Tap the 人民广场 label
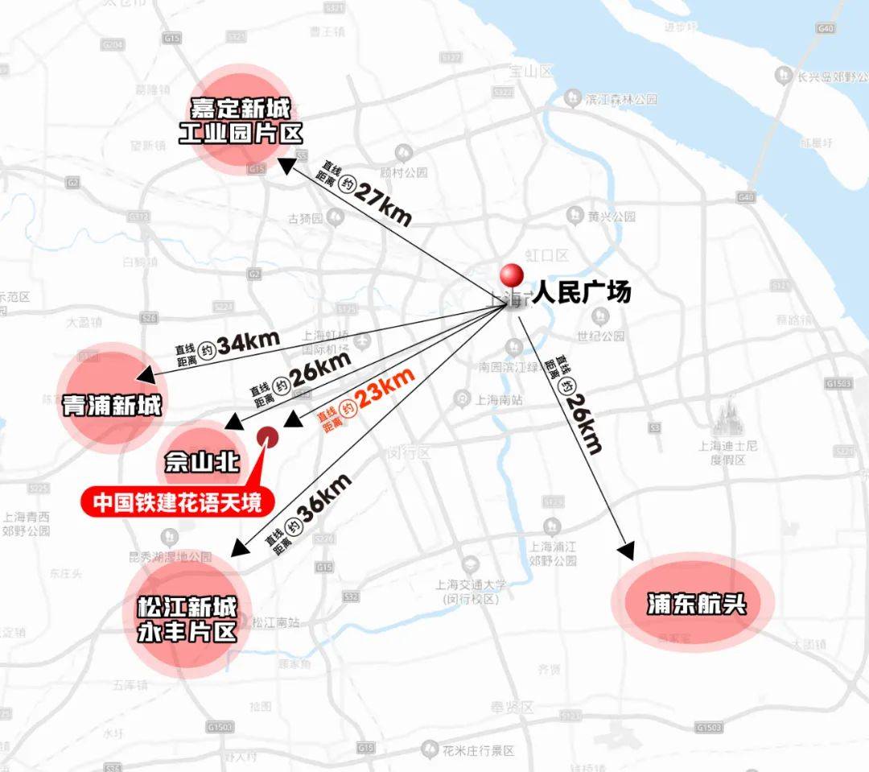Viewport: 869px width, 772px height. pyautogui.click(x=581, y=292)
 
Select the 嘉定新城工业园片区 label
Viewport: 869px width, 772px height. pyautogui.click(x=246, y=120)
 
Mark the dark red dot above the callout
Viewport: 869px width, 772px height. pyautogui.click(x=267, y=436)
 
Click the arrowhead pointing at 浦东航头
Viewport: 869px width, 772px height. pyautogui.click(x=627, y=551)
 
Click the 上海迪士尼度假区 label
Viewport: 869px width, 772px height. pyautogui.click(x=728, y=452)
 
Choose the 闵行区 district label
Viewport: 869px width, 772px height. pyautogui.click(x=409, y=453)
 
